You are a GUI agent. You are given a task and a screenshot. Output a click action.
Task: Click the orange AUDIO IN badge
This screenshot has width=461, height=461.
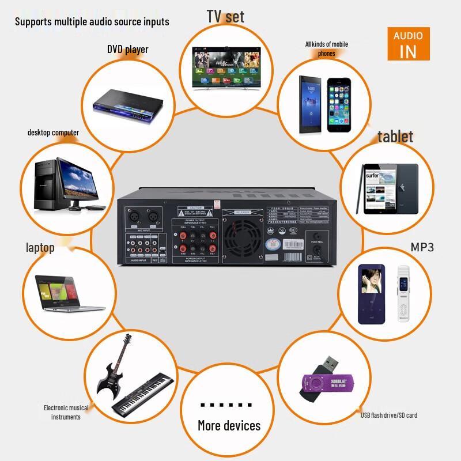[408, 44]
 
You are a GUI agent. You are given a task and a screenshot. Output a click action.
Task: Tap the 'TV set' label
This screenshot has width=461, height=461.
[225, 16]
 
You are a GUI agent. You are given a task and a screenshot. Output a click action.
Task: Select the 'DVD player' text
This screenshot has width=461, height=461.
[127, 49]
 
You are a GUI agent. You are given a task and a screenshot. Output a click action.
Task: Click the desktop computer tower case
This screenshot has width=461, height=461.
[47, 184]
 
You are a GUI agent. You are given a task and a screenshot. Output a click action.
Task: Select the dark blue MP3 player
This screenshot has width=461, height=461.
[371, 294]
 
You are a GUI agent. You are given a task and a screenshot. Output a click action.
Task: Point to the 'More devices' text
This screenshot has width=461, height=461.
[229, 426]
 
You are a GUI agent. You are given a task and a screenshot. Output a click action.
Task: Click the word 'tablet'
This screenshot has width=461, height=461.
[395, 137]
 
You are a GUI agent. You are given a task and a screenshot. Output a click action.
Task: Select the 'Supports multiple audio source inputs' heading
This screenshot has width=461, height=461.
[92, 21]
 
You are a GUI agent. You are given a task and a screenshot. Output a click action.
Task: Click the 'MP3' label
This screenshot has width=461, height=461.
[422, 247]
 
